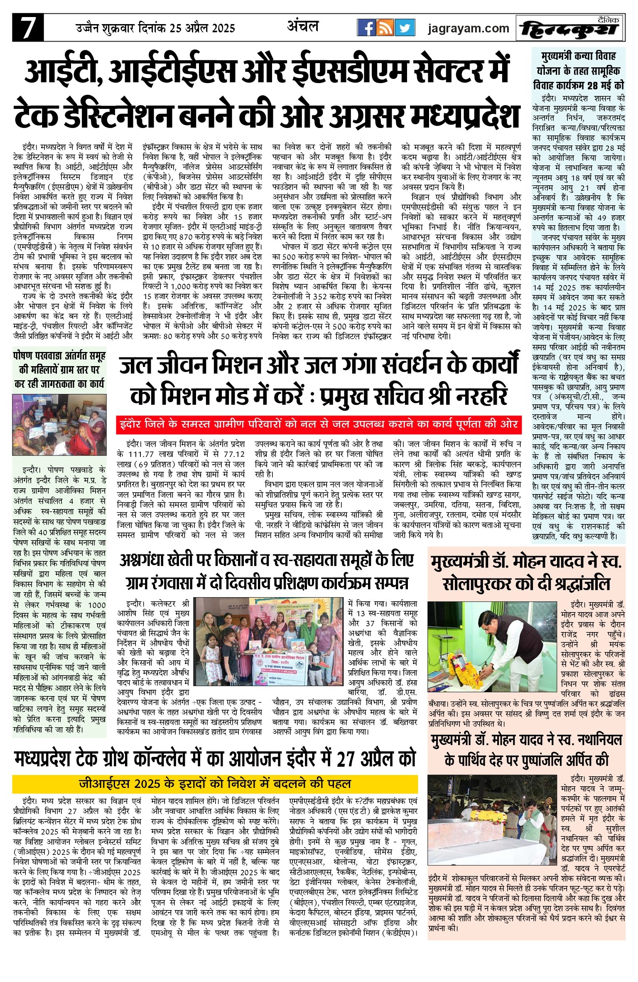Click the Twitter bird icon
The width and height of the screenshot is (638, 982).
click(x=405, y=28)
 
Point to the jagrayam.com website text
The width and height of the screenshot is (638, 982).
click(x=468, y=28)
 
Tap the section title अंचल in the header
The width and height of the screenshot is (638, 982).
click(x=303, y=27)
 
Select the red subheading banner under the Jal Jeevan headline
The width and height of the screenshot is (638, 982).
click(x=319, y=424)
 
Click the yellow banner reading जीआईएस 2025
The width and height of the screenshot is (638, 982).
click(x=215, y=784)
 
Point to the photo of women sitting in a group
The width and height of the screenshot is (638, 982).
click(x=59, y=425)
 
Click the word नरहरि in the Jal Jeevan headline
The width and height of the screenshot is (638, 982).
click(x=482, y=396)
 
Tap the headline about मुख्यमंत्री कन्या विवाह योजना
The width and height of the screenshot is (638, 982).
click(x=579, y=71)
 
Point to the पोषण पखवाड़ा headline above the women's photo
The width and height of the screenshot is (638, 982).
click(x=59, y=369)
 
